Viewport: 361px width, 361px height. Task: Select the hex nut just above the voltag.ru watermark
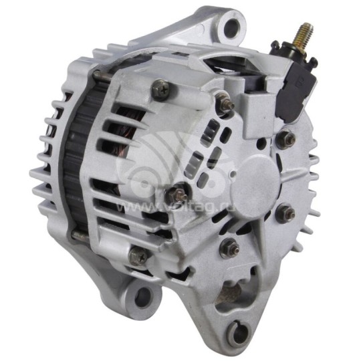pyautogui.click(x=179, y=195)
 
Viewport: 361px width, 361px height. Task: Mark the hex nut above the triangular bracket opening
pyautogui.click(x=230, y=245)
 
